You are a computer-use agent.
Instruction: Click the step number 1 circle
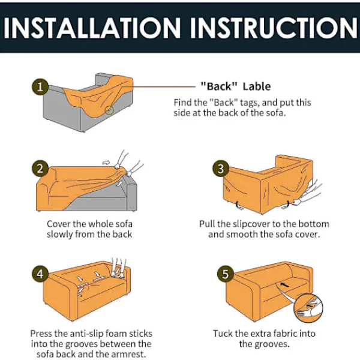(40, 87)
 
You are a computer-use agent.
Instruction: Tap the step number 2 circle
(40, 169)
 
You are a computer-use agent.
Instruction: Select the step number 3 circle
(221, 169)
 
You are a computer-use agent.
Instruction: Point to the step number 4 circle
(40, 274)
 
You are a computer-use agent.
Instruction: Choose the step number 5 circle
(226, 274)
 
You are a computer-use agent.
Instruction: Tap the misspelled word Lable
(257, 86)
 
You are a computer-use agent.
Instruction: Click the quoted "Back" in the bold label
(219, 86)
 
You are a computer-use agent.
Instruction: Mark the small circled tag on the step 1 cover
(110, 110)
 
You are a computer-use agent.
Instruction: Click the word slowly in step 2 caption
(59, 235)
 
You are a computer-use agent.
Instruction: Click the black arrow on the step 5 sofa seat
(284, 284)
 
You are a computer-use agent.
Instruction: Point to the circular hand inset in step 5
(308, 308)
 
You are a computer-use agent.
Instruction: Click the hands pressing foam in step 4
(118, 268)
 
